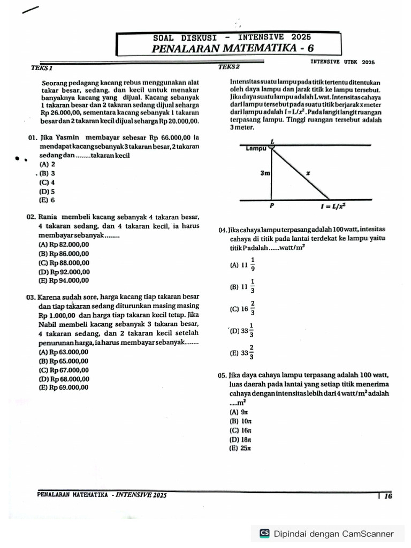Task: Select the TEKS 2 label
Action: [x=230, y=67]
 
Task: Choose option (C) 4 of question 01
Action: [x=47, y=182]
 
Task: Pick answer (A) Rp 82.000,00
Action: [x=64, y=244]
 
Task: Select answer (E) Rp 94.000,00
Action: [x=64, y=280]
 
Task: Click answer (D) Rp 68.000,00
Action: [x=64, y=379]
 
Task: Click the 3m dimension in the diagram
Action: [x=265, y=173]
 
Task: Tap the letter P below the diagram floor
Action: [x=271, y=205]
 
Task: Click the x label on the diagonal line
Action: [x=307, y=173]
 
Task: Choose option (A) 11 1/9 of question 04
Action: [x=243, y=264]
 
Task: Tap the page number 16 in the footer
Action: [x=388, y=496]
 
